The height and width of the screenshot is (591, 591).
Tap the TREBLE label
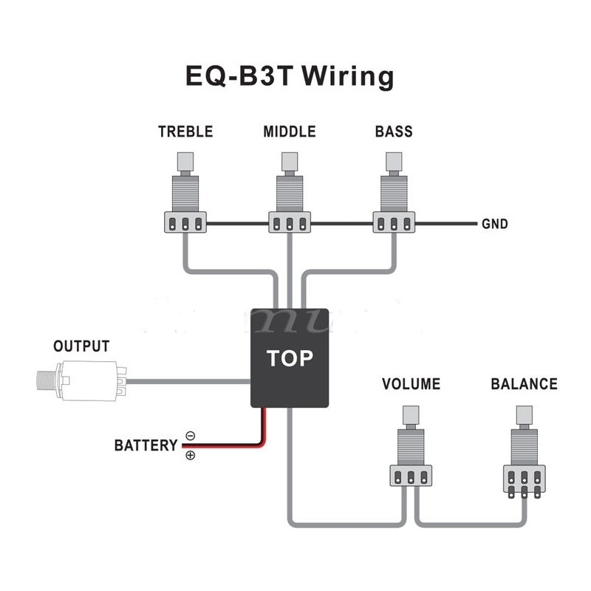[x=185, y=132]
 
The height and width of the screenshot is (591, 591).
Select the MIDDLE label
[x=290, y=132]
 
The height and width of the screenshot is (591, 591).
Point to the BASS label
[x=394, y=132]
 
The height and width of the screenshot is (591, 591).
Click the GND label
[x=494, y=224]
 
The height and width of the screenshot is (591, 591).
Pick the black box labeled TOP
[x=290, y=358]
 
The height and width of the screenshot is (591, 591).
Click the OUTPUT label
[x=81, y=346]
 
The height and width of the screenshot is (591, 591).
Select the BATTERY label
[x=146, y=445]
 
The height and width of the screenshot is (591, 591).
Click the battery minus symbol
[x=190, y=436]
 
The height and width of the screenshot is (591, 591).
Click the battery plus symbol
[x=190, y=455]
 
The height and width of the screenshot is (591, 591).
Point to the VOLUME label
[x=411, y=384]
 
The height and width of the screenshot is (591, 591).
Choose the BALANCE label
[x=524, y=384]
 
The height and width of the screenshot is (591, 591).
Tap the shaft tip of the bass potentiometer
[x=394, y=160]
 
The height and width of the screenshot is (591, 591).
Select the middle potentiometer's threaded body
[x=290, y=192]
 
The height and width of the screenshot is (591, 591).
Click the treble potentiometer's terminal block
[x=185, y=223]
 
